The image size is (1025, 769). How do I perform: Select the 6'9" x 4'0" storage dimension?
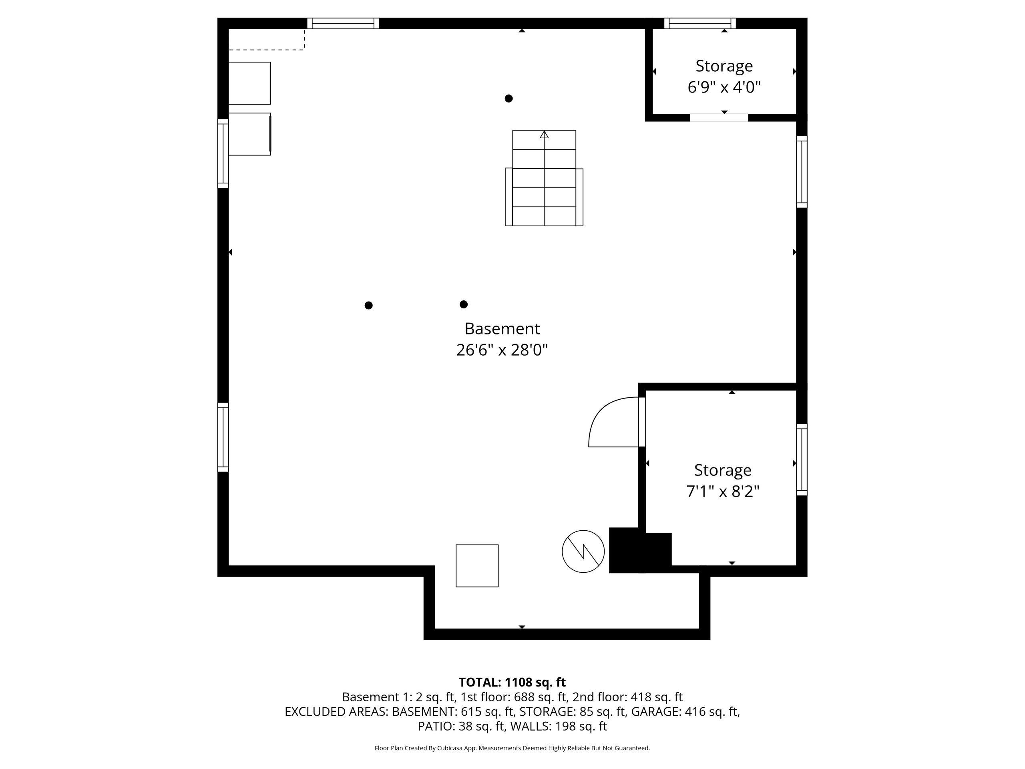[724, 87]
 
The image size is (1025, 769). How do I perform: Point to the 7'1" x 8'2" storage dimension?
[722, 491]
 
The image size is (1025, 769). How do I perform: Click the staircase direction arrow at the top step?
[544, 135]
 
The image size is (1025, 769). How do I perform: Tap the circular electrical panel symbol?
[583, 551]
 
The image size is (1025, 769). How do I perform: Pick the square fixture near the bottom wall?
[477, 566]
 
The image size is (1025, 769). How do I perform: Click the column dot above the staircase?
[508, 98]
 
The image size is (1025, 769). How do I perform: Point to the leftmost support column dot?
[368, 305]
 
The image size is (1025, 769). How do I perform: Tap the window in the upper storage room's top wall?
[700, 23]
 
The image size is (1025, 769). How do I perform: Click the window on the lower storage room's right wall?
[802, 459]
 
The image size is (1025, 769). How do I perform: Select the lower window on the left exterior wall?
[223, 437]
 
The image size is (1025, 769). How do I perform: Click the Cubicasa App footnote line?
[512, 748]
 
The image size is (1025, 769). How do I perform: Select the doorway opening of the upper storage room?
[719, 118]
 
